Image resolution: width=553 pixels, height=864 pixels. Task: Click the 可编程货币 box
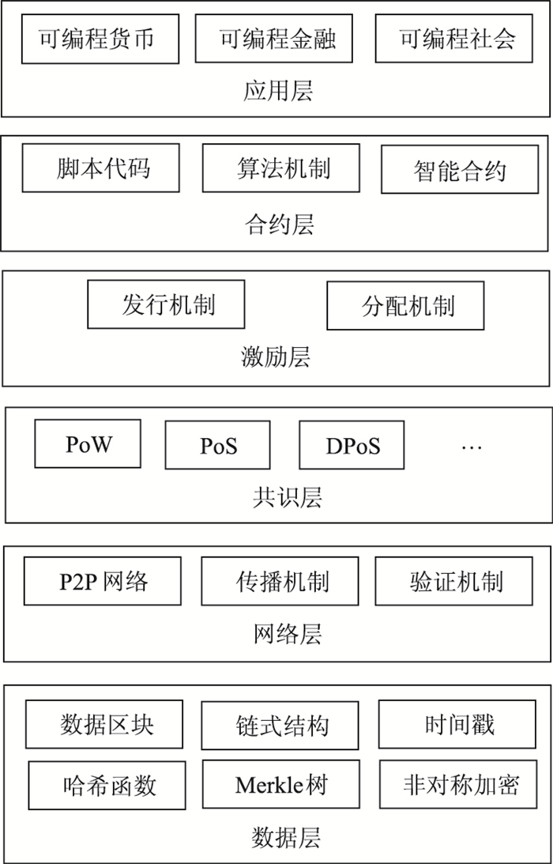(x=100, y=39)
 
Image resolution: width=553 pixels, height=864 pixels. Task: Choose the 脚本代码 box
(x=100, y=168)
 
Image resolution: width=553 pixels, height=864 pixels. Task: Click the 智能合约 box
(x=460, y=170)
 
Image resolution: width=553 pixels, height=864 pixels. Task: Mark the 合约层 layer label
(x=278, y=225)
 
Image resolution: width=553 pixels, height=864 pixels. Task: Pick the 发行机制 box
(x=166, y=304)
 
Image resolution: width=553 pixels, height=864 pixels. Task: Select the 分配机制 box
(x=405, y=307)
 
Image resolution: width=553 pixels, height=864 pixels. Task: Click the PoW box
(x=88, y=443)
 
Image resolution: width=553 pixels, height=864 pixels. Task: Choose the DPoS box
(x=352, y=446)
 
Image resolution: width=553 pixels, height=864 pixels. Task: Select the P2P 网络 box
(x=103, y=582)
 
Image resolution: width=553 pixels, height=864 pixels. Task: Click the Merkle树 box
(x=280, y=785)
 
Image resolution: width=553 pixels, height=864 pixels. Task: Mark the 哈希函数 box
(x=107, y=785)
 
